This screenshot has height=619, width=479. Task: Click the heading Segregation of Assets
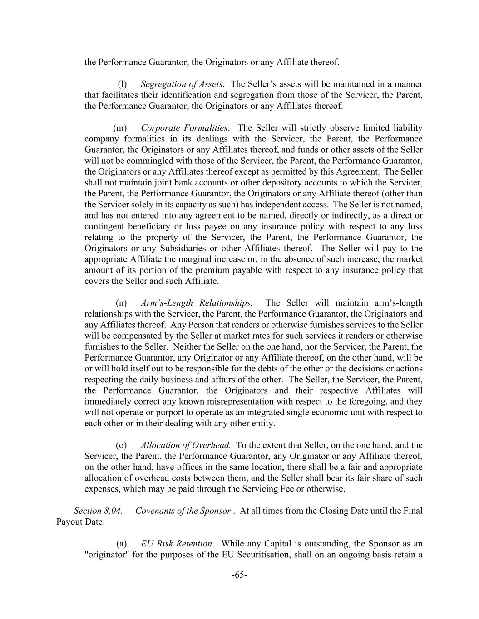(182, 84)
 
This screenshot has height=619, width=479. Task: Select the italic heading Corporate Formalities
(184, 128)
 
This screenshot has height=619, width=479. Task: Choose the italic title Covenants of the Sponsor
(183, 511)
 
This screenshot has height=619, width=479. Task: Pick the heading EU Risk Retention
(176, 544)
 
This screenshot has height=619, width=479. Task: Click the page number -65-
(239, 575)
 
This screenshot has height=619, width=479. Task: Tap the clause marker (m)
(120, 128)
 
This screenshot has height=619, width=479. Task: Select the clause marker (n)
(121, 303)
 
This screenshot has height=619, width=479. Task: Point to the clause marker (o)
(121, 445)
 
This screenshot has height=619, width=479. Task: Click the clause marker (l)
(122, 84)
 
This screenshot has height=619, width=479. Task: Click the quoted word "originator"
(107, 555)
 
